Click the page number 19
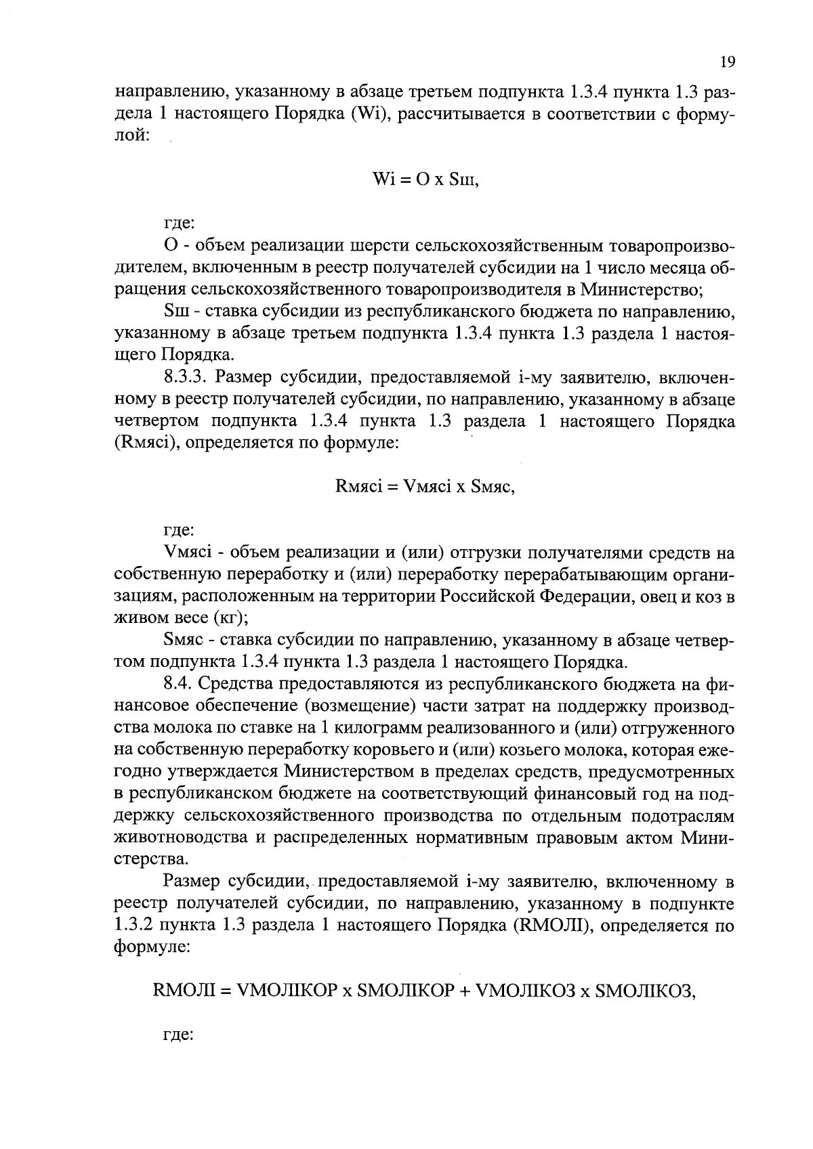tap(727, 62)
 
